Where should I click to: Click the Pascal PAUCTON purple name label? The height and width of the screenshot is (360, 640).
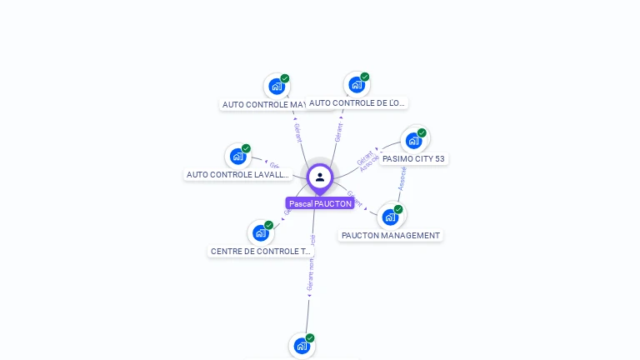tap(320, 203)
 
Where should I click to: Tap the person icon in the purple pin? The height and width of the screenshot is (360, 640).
tap(320, 177)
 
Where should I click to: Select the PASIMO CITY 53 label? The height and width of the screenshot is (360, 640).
tap(413, 158)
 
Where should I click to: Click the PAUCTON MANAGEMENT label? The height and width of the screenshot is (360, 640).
tap(390, 236)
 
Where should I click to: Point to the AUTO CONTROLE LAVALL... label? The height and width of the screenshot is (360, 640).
tap(237, 175)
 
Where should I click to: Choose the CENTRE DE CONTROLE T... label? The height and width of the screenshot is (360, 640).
tap(261, 251)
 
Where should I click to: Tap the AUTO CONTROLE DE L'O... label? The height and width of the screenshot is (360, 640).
tap(357, 103)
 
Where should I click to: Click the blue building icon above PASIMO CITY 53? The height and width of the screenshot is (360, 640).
tap(413, 140)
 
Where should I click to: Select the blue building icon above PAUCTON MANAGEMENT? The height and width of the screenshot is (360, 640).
tap(390, 217)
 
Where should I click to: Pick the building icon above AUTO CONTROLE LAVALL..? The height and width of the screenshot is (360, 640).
tap(237, 156)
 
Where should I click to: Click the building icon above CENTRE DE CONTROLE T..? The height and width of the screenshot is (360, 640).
tap(260, 232)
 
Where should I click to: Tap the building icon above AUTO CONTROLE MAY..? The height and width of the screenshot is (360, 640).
tap(276, 86)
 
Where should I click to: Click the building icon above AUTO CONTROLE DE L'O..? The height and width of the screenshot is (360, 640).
tap(356, 84)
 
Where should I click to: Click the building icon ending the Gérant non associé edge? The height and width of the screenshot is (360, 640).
tap(301, 345)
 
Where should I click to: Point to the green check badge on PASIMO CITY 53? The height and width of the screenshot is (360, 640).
tap(422, 132)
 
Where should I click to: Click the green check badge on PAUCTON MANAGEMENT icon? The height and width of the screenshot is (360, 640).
tap(398, 210)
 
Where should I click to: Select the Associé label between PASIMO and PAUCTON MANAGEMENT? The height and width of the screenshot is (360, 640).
tap(402, 178)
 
